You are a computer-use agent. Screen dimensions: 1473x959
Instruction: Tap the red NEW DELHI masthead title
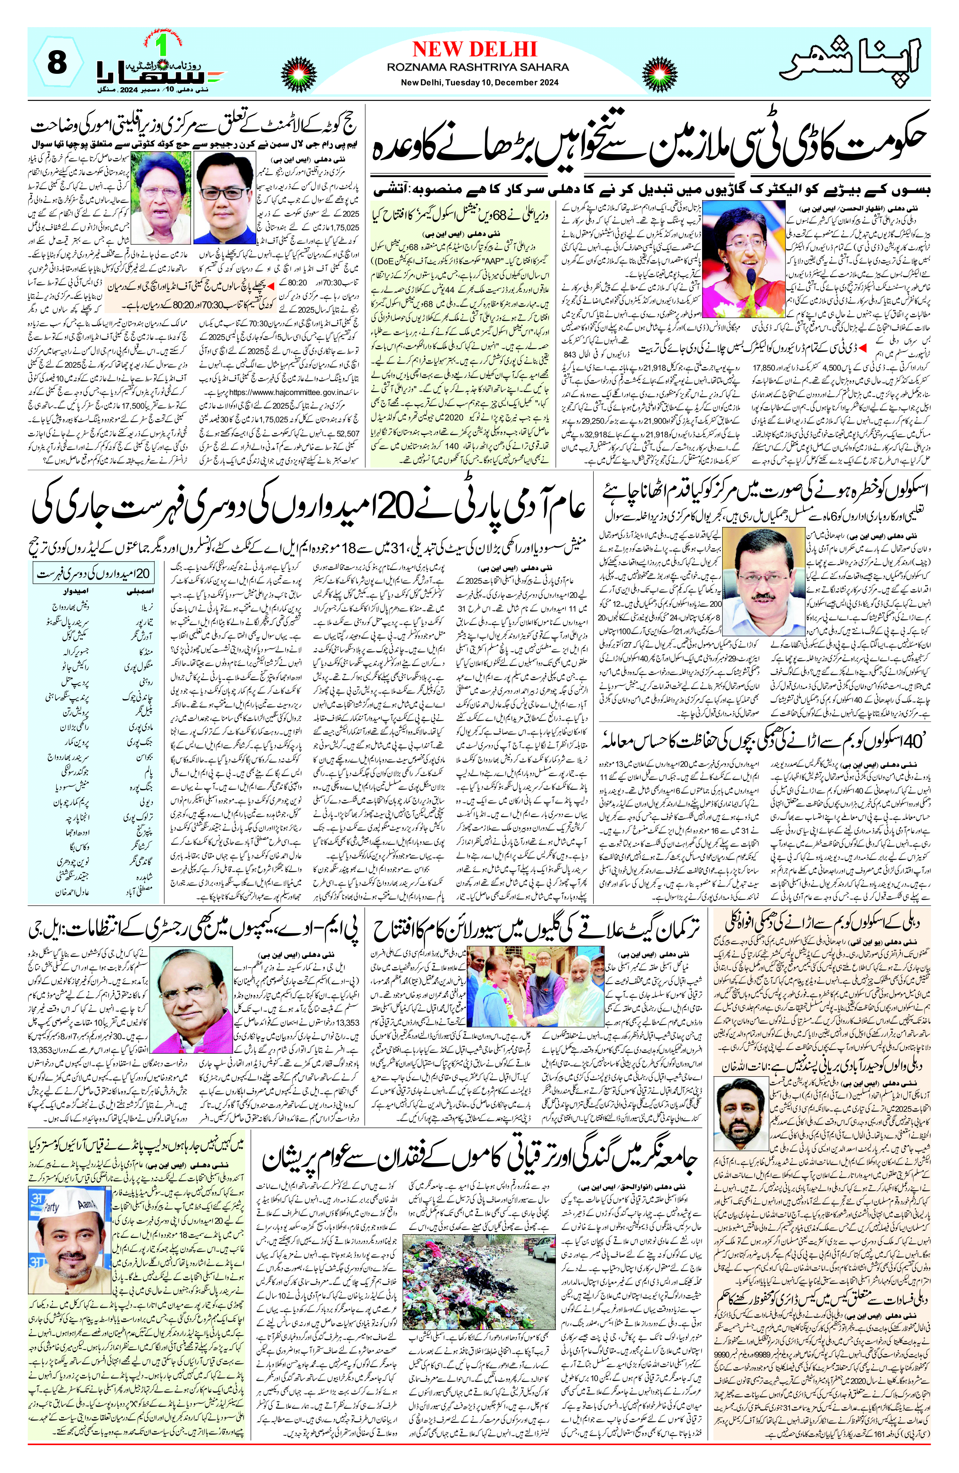point(474,49)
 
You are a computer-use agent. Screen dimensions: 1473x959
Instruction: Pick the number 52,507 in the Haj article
point(352,433)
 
